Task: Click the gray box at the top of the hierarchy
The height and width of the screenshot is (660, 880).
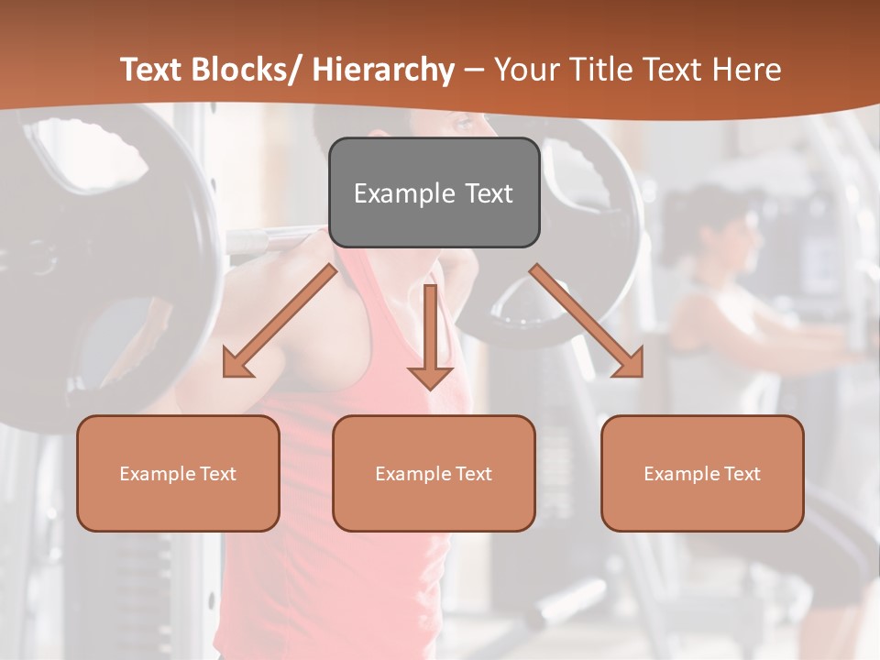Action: (x=434, y=192)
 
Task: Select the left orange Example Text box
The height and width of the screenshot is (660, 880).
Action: (x=178, y=473)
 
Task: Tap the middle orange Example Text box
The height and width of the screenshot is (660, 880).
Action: (x=434, y=473)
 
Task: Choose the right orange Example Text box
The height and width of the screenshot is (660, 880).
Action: (x=702, y=473)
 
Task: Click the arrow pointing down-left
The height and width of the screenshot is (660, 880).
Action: (x=280, y=322)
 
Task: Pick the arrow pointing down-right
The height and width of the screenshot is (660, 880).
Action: (x=587, y=321)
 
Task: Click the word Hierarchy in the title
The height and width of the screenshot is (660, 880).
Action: (x=383, y=70)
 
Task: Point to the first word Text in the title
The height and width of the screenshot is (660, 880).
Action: (x=153, y=70)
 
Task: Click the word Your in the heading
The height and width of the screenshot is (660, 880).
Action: (x=525, y=70)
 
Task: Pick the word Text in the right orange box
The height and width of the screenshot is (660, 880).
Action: (x=742, y=474)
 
